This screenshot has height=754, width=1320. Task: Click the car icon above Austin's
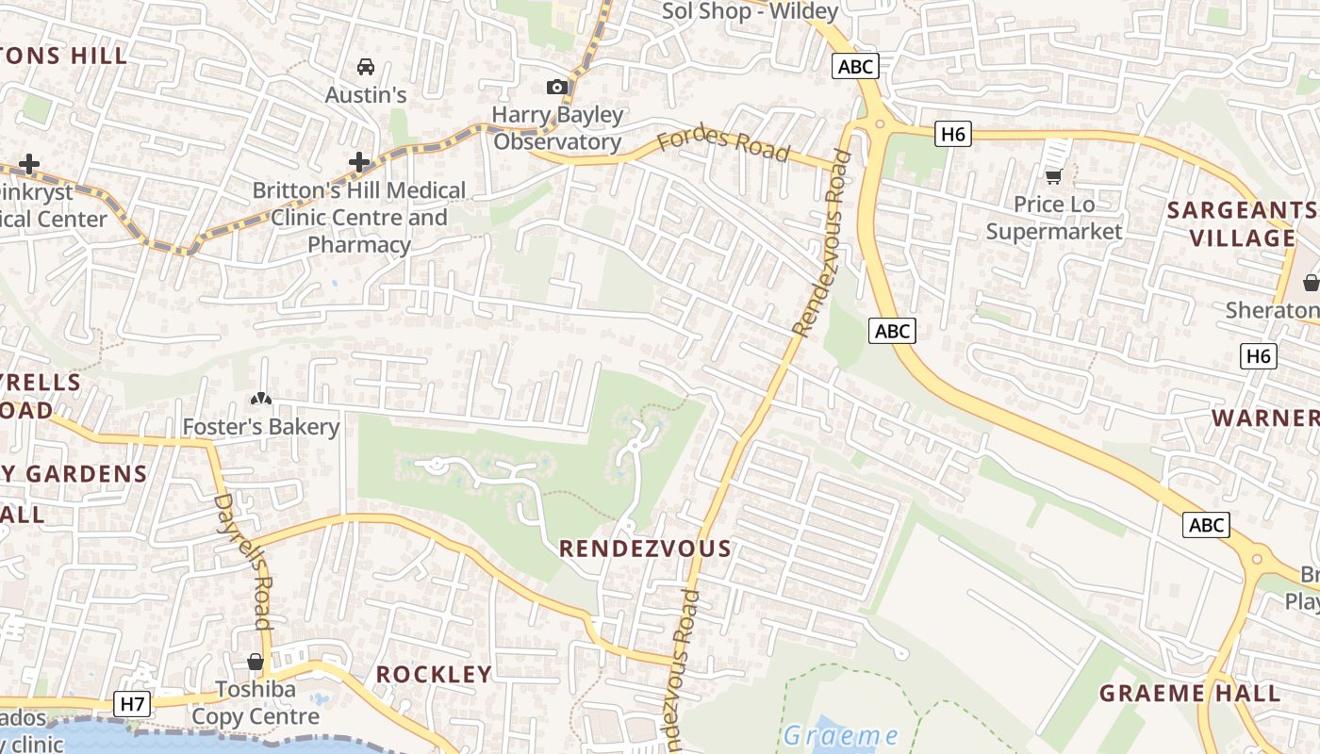coord(366,66)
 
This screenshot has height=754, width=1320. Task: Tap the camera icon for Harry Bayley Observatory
coord(557,88)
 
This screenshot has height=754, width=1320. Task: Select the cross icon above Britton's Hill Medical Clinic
coord(359,162)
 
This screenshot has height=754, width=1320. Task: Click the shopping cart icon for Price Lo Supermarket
coord(1054,176)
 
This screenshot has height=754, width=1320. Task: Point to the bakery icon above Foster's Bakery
coord(261,401)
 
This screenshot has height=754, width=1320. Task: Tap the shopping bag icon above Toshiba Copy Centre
coord(255,662)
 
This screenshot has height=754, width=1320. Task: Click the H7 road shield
coord(133,703)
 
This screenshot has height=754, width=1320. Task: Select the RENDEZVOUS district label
coord(645,549)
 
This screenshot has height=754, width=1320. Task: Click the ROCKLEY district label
coord(434,674)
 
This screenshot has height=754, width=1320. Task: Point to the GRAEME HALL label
coord(1190,694)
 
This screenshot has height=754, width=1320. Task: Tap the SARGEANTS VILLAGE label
coord(1243,223)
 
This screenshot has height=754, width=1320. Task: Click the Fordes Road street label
coord(723,143)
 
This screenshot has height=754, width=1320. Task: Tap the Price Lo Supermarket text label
coord(1054,218)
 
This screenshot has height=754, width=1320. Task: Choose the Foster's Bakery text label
coord(260,427)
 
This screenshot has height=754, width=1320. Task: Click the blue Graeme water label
coord(840,735)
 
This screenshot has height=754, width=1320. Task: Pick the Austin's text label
coord(366,94)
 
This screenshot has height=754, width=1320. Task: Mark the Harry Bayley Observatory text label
coord(558,128)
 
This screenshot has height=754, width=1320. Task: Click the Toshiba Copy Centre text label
coord(256,703)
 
